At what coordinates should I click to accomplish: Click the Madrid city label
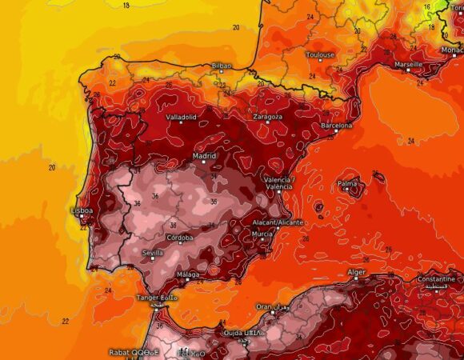coord(205,156)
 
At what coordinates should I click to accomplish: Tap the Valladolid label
coord(181,117)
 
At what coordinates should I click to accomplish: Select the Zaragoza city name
coord(267,117)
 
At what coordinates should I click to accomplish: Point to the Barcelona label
coord(336,126)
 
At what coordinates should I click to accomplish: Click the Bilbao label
coord(222,66)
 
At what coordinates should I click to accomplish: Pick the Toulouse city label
coord(320,55)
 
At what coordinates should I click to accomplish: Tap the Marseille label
coord(409,63)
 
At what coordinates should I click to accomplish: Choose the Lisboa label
coord(82,210)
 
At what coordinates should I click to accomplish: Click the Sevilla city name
coord(152,253)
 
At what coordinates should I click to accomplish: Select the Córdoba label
coord(180,238)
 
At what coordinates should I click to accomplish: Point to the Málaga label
coord(187,274)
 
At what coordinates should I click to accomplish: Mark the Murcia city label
coord(262,233)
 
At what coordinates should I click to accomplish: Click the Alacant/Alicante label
coord(278,222)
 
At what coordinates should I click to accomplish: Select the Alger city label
coord(356,272)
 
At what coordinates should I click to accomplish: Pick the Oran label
coord(263,306)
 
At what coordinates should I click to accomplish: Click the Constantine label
coord(437,279)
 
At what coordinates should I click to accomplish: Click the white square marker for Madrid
coord(205,162)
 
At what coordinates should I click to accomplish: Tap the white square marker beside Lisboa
coord(81,216)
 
